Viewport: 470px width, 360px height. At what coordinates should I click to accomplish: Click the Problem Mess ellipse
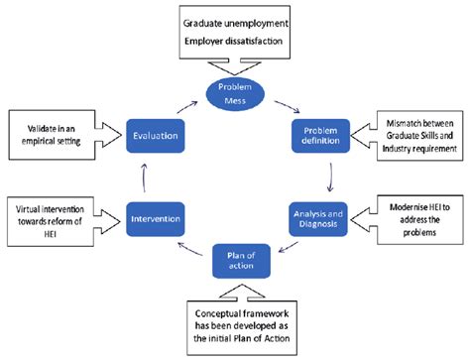pyautogui.click(x=235, y=92)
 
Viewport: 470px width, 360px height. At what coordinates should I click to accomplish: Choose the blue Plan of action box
pyautogui.click(x=235, y=262)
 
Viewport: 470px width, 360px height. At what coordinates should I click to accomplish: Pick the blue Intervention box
pyautogui.click(x=153, y=213)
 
